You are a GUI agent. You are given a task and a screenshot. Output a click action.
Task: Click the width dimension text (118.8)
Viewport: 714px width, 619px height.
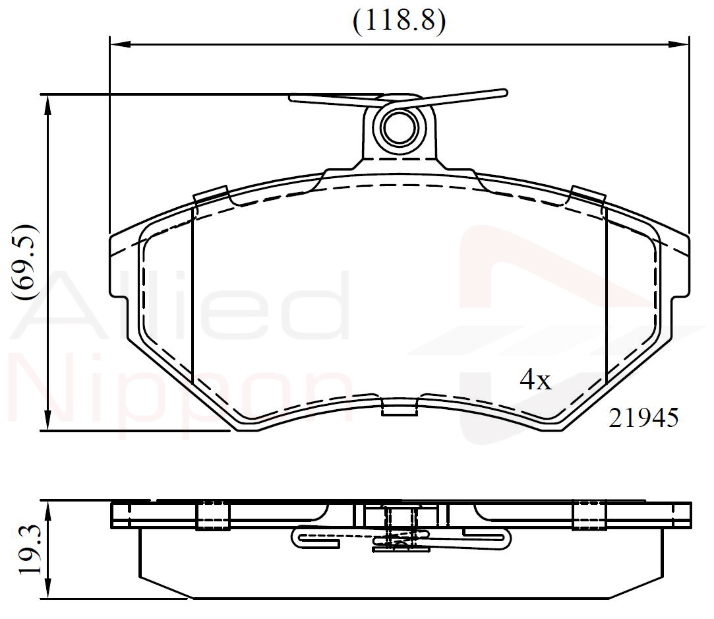(x=399, y=20)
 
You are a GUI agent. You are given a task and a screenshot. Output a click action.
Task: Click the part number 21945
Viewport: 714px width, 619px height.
(x=643, y=418)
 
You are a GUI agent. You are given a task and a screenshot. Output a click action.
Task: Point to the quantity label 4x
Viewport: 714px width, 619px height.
(x=535, y=379)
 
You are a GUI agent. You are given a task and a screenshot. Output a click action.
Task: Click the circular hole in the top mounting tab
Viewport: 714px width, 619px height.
(x=400, y=127)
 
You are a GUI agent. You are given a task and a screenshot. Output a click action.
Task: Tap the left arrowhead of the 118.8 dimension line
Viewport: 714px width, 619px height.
(x=121, y=44)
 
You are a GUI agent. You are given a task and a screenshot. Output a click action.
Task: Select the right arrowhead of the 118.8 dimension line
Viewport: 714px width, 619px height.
(x=678, y=44)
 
